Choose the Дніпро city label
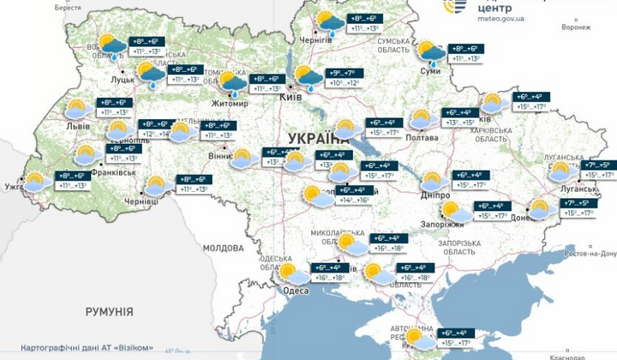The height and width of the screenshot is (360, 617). (x=436, y=195)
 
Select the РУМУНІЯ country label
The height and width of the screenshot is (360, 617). (x=109, y=311)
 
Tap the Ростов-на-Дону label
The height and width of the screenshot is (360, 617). (x=591, y=254)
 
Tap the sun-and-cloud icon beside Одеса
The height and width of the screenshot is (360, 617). (x=294, y=274)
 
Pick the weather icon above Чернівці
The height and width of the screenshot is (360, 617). (x=155, y=186)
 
